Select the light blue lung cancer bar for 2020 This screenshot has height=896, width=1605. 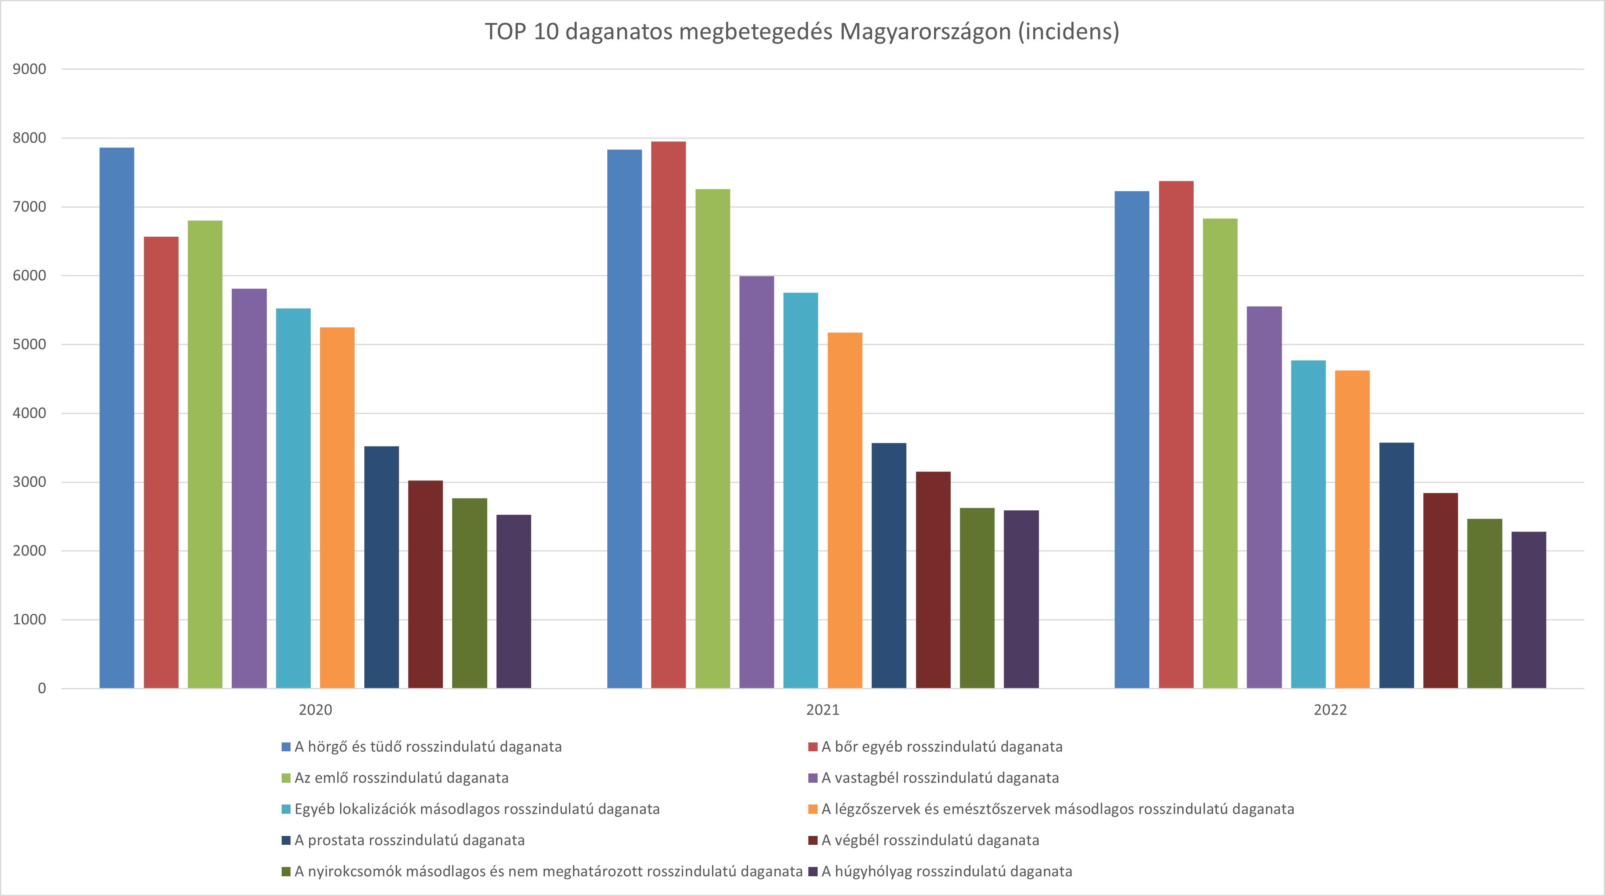(x=117, y=418)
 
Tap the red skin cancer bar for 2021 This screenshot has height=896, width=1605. (x=669, y=414)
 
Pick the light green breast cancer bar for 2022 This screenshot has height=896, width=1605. (x=1220, y=453)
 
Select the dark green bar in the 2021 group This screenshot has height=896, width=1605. (x=977, y=598)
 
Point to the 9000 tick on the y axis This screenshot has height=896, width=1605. (x=29, y=69)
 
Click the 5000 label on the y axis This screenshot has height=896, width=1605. (x=29, y=345)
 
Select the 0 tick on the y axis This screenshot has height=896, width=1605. (x=42, y=688)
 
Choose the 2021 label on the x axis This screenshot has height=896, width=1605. (x=822, y=710)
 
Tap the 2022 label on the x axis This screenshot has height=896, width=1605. (x=1330, y=710)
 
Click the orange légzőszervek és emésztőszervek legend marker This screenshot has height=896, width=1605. (x=812, y=809)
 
